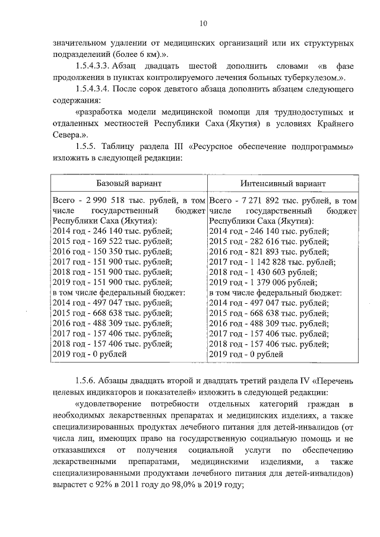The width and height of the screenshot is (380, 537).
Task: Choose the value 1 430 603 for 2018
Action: (x=268, y=272)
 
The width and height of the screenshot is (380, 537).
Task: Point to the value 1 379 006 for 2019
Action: (x=268, y=282)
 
